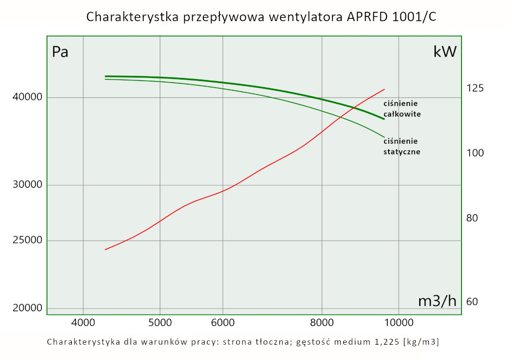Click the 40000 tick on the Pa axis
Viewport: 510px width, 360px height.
click(28, 97)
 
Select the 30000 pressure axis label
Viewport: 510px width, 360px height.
click(28, 185)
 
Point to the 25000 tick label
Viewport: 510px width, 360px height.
click(28, 240)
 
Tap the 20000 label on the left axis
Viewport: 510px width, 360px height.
click(28, 308)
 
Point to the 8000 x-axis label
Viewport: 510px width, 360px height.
click(322, 322)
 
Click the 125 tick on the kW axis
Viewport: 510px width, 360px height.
click(474, 88)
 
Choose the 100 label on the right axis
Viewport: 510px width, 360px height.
click(474, 153)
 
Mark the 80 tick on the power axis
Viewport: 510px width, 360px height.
click(471, 218)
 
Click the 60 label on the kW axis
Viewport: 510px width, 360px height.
click(471, 302)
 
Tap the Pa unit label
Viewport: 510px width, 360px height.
click(60, 52)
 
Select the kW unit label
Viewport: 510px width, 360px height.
click(445, 52)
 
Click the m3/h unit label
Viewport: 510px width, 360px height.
click(437, 301)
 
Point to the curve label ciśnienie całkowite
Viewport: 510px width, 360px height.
click(402, 109)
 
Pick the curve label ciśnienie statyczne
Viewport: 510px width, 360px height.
click(401, 146)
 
